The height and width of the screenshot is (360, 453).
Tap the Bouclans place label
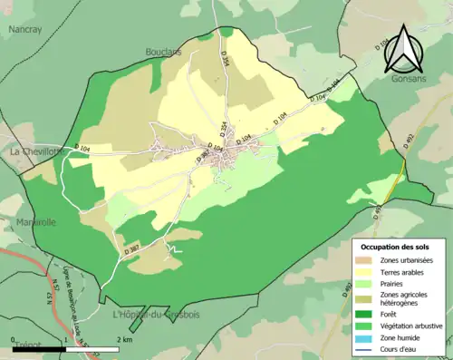click(163, 52)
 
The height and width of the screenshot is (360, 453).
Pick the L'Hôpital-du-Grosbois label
click(154, 315)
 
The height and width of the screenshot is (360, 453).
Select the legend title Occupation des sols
click(395, 247)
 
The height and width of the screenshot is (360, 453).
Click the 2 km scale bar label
click(125, 339)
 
